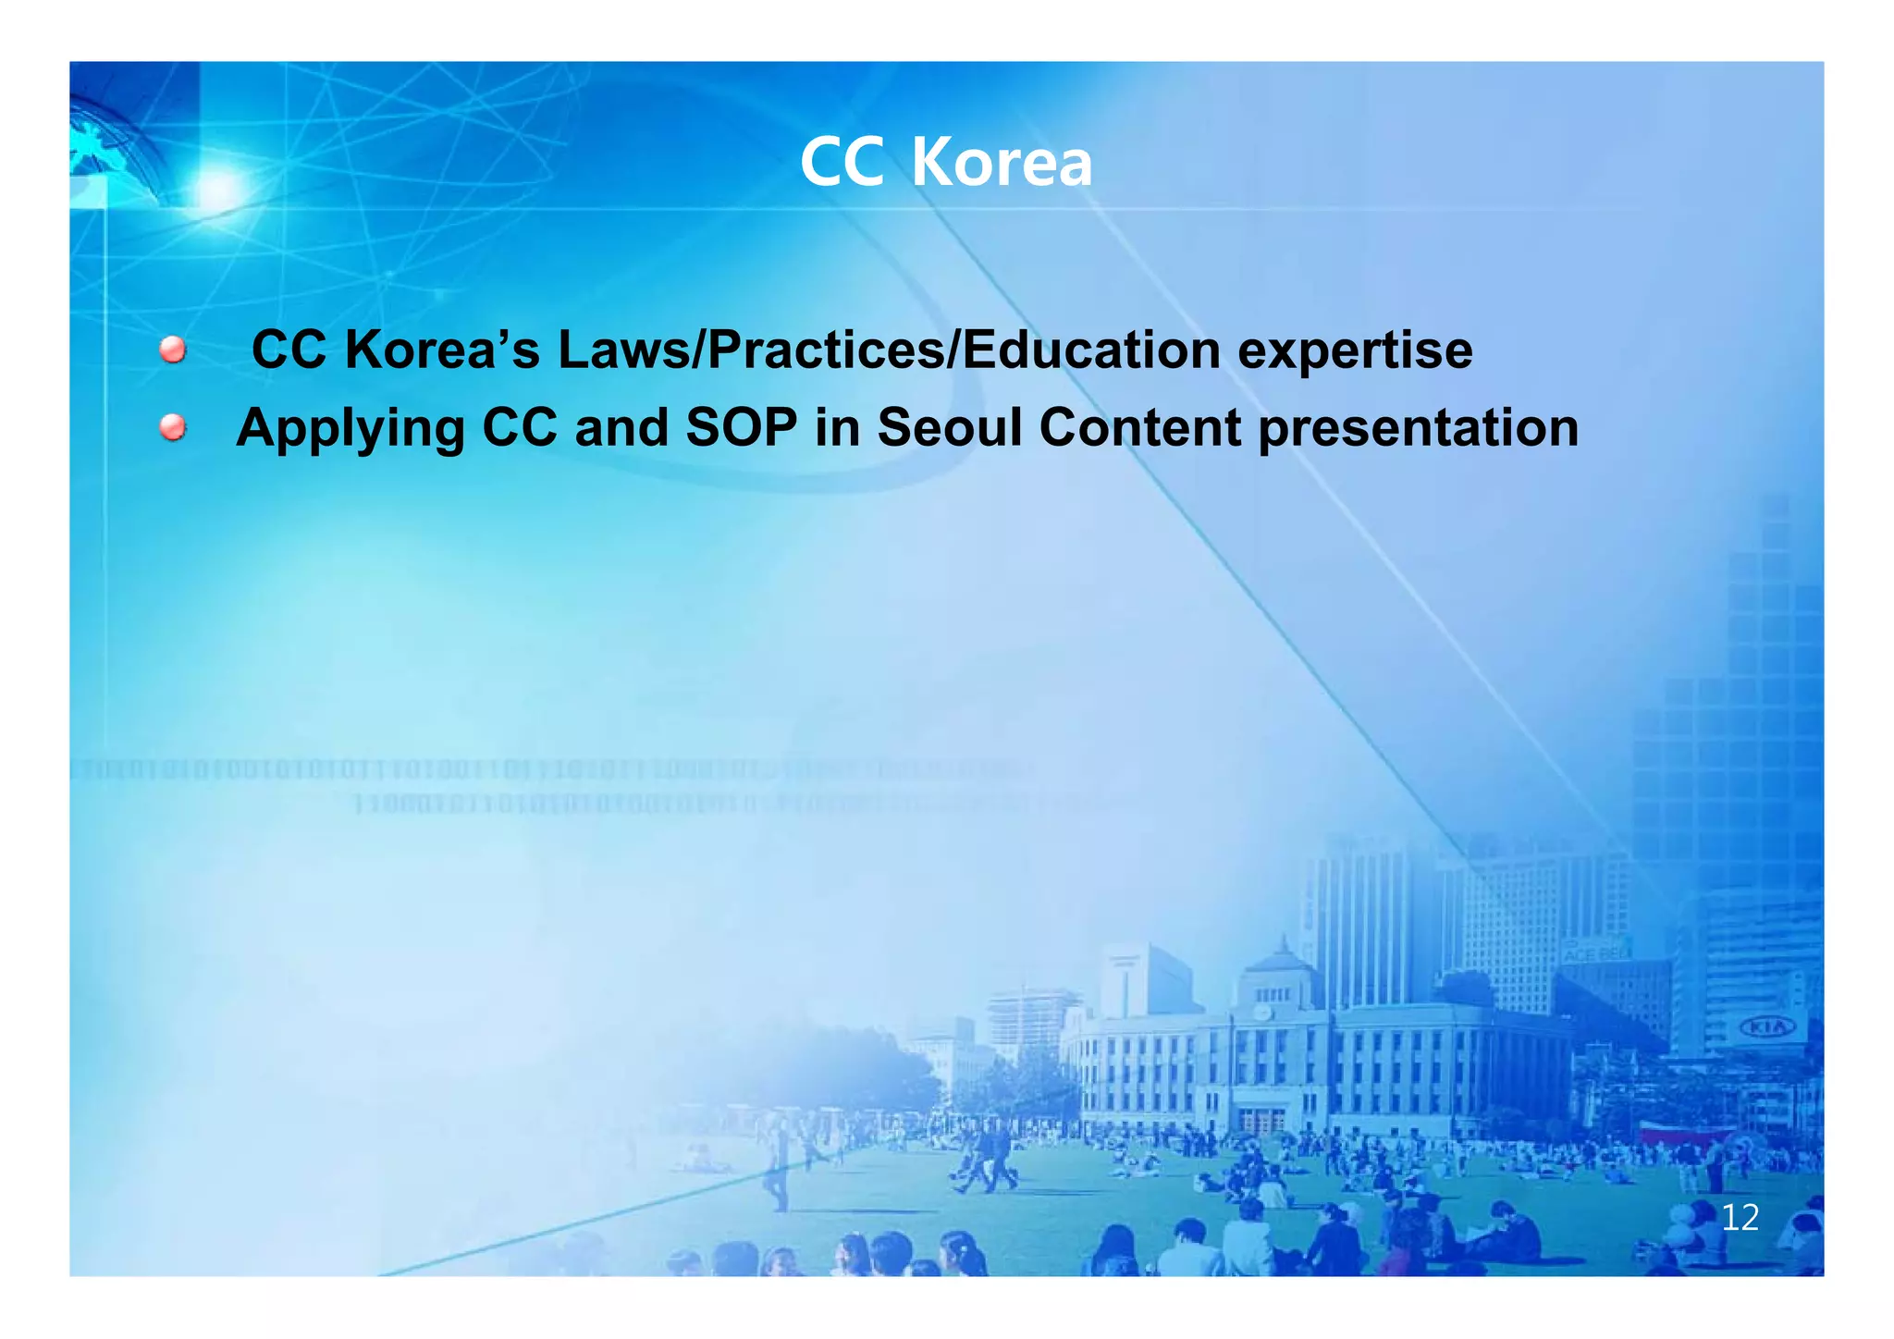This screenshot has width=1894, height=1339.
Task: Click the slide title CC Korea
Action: (946, 163)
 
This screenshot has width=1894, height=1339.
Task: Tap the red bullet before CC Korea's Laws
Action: (172, 350)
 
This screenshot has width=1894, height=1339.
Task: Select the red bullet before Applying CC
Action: (172, 427)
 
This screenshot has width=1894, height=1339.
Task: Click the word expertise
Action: (1355, 351)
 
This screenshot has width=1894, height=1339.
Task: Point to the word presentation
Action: (1419, 429)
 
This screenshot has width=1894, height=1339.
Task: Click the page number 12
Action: (1740, 1218)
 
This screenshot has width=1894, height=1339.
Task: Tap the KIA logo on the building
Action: (1767, 1027)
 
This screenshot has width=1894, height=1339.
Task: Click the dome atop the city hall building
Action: (1282, 962)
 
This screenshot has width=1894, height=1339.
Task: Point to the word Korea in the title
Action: (1002, 163)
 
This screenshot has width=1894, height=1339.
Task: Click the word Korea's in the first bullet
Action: (442, 351)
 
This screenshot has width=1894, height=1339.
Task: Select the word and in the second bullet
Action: (621, 428)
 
